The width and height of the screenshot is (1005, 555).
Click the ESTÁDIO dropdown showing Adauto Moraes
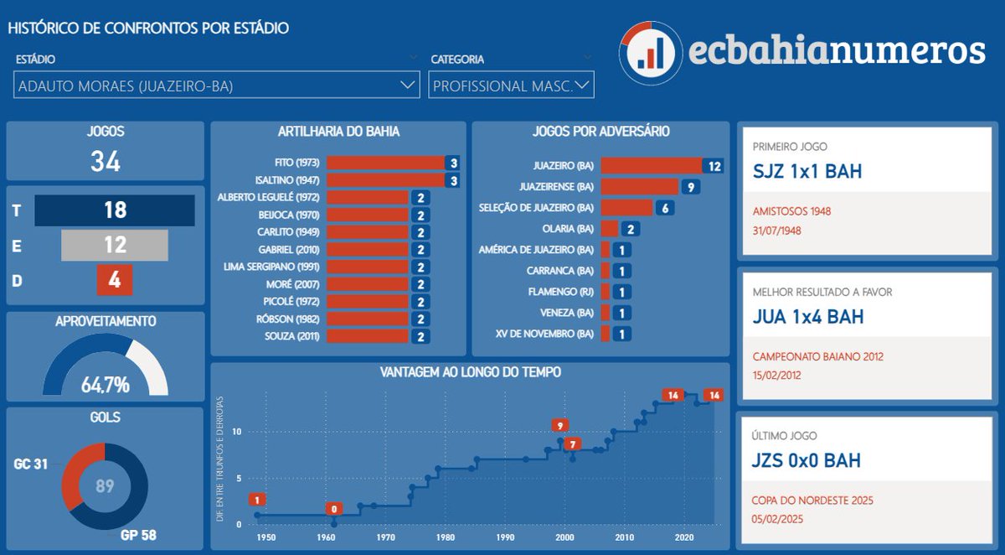[x=216, y=86]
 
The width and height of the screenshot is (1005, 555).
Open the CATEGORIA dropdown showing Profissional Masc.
[x=511, y=86]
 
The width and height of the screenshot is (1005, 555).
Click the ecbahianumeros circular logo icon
[x=650, y=48]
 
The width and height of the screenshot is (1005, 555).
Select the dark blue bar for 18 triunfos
[x=115, y=210]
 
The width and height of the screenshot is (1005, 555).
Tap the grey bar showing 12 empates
[x=115, y=245]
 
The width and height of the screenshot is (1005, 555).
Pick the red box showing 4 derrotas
[x=115, y=280]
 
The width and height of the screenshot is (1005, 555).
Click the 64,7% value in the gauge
[x=105, y=386]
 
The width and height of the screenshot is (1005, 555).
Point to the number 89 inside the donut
[x=105, y=486]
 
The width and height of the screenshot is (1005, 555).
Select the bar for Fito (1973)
[x=385, y=163]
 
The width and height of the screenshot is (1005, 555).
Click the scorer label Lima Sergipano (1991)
[x=277, y=267]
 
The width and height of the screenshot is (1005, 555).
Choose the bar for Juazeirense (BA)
[x=639, y=187]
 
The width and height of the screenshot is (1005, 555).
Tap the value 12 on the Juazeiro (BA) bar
[x=714, y=166]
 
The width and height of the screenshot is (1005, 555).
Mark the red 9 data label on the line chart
[x=559, y=425]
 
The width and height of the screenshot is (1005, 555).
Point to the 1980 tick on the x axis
[x=446, y=537]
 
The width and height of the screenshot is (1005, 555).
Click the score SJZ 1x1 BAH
[x=807, y=173]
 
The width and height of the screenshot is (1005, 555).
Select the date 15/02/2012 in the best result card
[x=776, y=375]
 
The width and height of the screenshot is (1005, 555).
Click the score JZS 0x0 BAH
[x=806, y=461]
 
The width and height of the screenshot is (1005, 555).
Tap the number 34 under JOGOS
[x=105, y=161]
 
